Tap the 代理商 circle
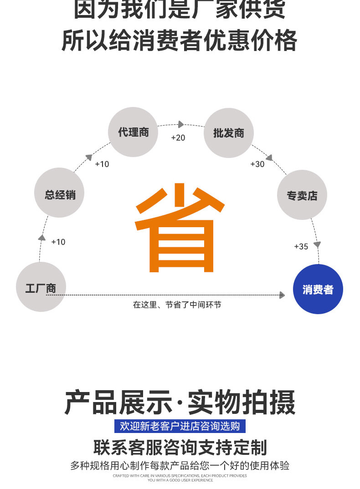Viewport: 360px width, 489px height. [x=133, y=132]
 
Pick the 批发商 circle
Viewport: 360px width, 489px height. [x=228, y=132]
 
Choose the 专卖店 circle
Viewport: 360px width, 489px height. [x=302, y=195]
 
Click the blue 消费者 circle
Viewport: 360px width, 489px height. [x=318, y=289]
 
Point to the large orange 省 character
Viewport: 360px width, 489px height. [x=180, y=228]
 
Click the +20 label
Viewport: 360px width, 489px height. [x=178, y=138]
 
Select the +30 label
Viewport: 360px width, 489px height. [x=257, y=164]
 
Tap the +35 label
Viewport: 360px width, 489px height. [x=301, y=246]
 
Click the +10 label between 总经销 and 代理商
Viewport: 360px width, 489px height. [x=102, y=164]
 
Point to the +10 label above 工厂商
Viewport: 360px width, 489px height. [x=58, y=242]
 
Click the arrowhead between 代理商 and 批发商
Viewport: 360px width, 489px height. [x=181, y=124]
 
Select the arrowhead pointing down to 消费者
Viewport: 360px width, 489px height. [x=317, y=244]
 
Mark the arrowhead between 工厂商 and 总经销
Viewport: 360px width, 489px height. [x=42, y=237]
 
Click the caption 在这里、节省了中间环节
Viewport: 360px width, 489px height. [x=177, y=305]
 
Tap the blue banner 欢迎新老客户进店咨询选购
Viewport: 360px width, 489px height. [x=180, y=426]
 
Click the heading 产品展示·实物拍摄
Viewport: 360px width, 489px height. [x=180, y=402]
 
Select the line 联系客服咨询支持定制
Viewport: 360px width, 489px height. [x=180, y=447]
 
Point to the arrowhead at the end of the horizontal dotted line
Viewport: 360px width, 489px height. [x=282, y=295]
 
